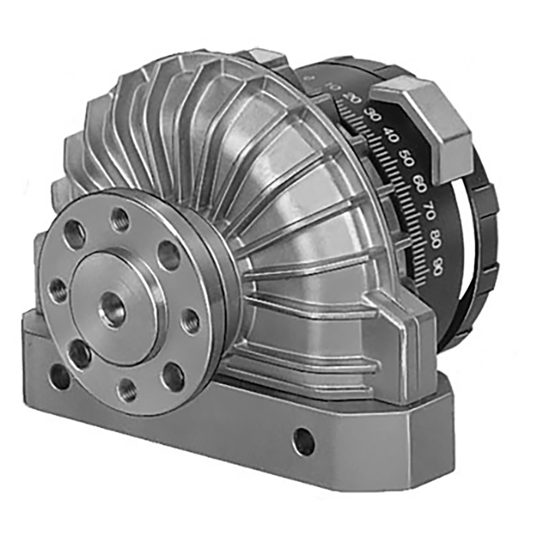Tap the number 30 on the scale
pyautogui.click(x=374, y=116)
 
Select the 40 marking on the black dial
pyautogui.click(x=392, y=137)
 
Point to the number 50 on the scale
pyautogui.click(x=407, y=160)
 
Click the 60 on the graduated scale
pyautogui.click(x=420, y=184)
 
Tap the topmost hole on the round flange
pyautogui.click(x=119, y=221)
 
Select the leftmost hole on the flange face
pyautogui.click(x=58, y=289)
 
